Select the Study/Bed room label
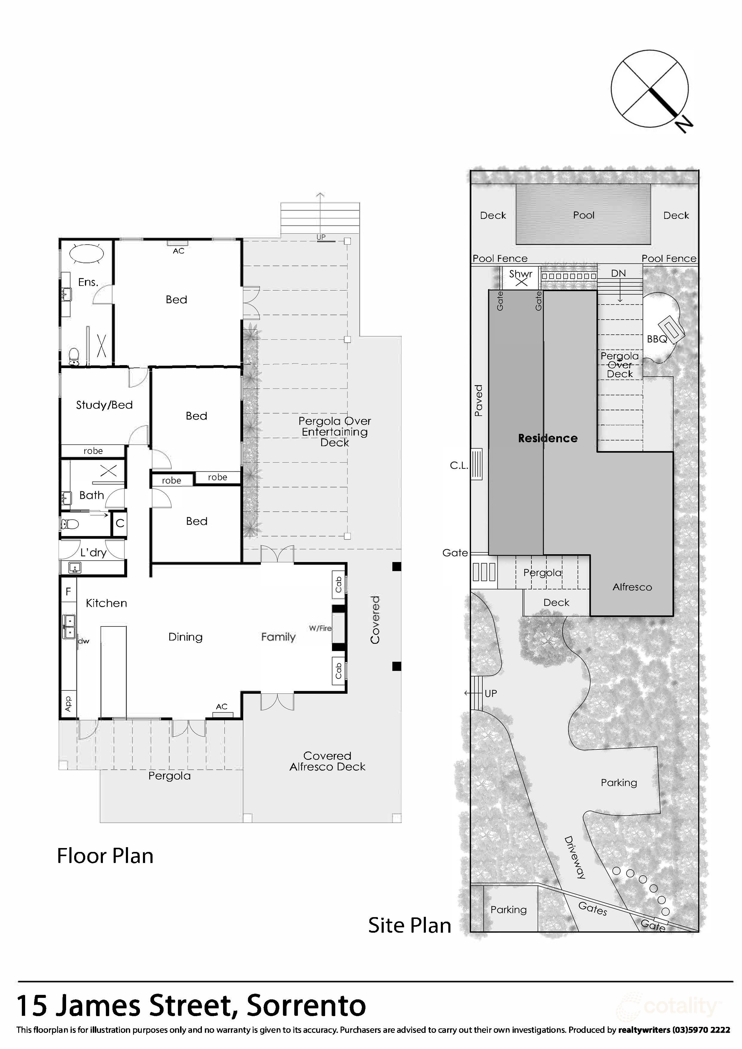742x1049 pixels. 104,405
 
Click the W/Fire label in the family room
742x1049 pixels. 320,628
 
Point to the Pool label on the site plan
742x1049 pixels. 583,215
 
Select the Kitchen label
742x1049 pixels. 106,603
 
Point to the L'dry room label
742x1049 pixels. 93,553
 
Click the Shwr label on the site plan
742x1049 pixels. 521,274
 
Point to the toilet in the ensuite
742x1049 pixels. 74,356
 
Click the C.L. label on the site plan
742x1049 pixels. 459,465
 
